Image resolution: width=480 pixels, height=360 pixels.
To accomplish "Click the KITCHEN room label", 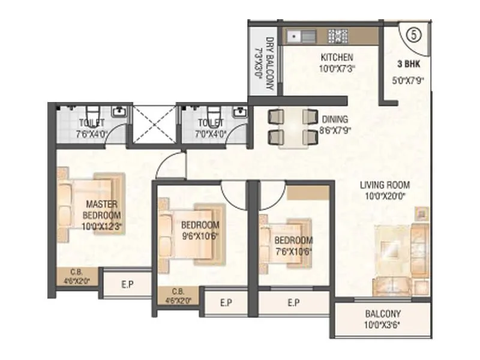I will coord(337,58).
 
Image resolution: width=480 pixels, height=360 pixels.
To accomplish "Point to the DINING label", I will coord(334,119).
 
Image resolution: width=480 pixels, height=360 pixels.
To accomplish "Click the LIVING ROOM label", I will coord(385,185).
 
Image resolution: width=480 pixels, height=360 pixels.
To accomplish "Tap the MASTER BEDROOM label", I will coord(101,209).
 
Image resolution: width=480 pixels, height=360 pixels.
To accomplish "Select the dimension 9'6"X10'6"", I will coord(200,236).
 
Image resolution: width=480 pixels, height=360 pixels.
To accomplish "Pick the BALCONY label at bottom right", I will coord(383,314).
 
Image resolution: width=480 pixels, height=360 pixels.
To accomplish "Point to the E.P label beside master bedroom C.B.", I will coord(127,285).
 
